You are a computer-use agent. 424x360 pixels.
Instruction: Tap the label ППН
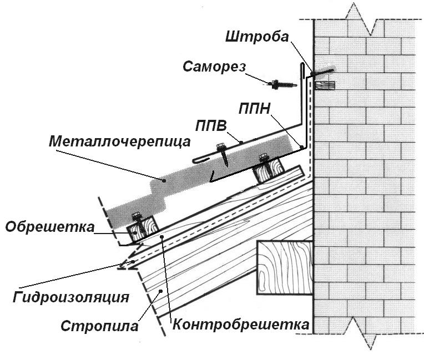click(255, 105)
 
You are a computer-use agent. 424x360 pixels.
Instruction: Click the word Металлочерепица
click(119, 141)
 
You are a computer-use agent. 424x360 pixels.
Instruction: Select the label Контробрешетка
click(240, 324)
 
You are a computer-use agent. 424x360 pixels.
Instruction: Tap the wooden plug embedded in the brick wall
click(325, 86)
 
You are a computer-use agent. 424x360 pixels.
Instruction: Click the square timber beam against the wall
click(285, 267)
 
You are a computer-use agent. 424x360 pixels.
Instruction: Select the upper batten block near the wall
click(268, 169)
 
